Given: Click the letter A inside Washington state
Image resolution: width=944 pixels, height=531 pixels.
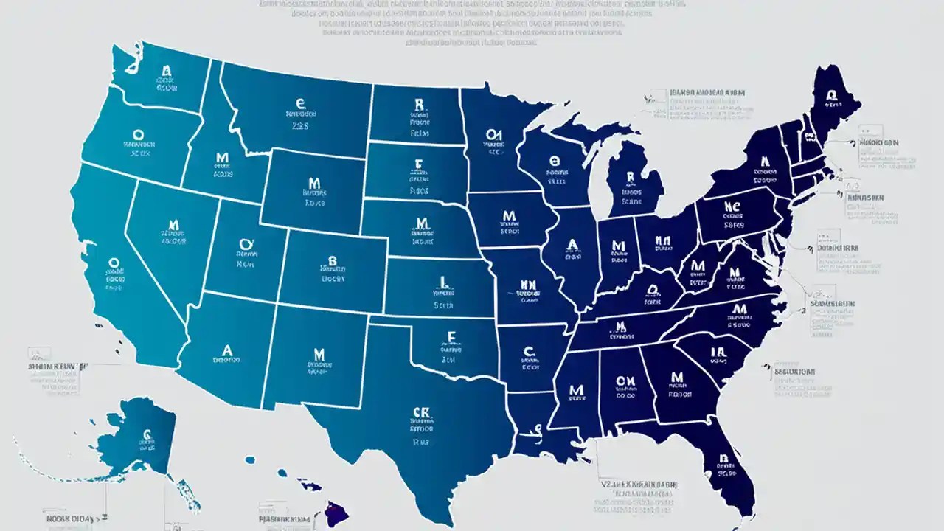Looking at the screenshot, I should (167, 72).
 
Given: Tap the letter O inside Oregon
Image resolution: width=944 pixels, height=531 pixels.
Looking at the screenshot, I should (138, 136).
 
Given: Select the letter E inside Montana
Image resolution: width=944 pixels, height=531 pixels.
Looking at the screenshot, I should (300, 104).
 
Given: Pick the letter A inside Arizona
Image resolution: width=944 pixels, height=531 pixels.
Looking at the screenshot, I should (227, 350).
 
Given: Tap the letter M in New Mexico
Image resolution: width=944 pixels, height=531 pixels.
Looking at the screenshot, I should (319, 355).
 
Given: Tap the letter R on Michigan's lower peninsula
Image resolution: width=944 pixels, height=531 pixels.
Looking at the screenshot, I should (631, 178).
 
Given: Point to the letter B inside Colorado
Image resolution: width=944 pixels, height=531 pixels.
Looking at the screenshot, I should (332, 261).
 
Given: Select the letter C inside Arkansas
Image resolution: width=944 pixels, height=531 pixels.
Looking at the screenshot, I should (528, 352).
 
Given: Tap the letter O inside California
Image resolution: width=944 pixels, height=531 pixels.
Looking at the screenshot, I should (114, 263).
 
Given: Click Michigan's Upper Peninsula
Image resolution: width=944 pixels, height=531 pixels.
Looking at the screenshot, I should (583, 133).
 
